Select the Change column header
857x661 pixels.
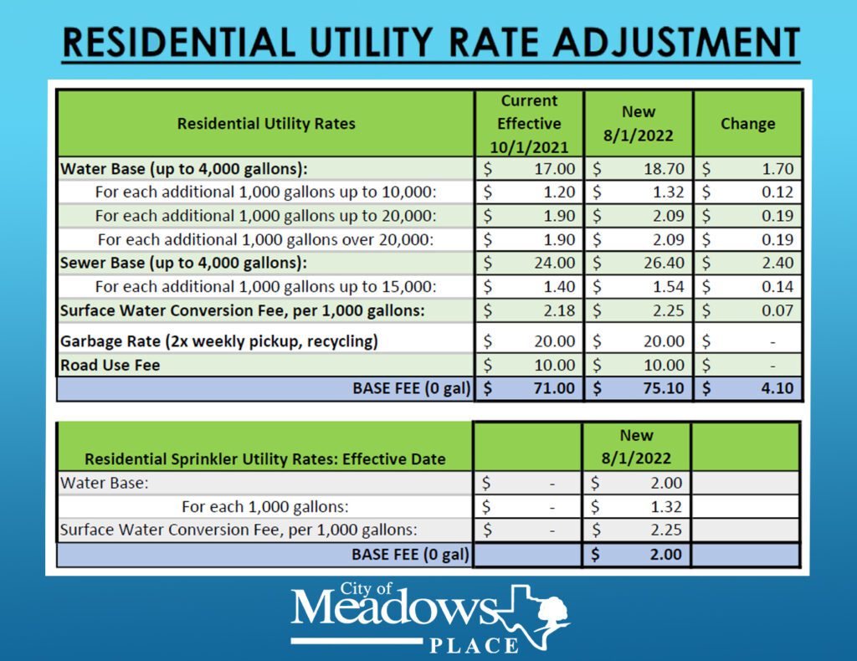pos(747,124)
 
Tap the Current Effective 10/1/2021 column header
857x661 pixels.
pos(529,124)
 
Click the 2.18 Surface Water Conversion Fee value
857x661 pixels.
pos(555,310)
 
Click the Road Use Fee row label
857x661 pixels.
pos(110,366)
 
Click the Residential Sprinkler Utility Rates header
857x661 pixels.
pos(264,459)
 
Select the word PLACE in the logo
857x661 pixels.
pos(475,645)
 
